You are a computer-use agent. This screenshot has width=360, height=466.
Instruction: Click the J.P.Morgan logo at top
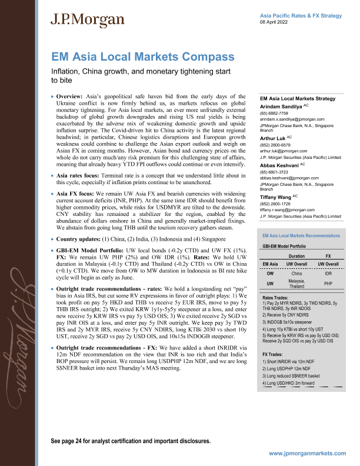pos(87,21)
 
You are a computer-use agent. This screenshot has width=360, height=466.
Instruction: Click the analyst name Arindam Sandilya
pos(284,106)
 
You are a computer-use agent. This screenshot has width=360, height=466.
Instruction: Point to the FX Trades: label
pos(273,356)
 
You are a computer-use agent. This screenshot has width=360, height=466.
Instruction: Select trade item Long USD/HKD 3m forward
pos(292,384)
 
